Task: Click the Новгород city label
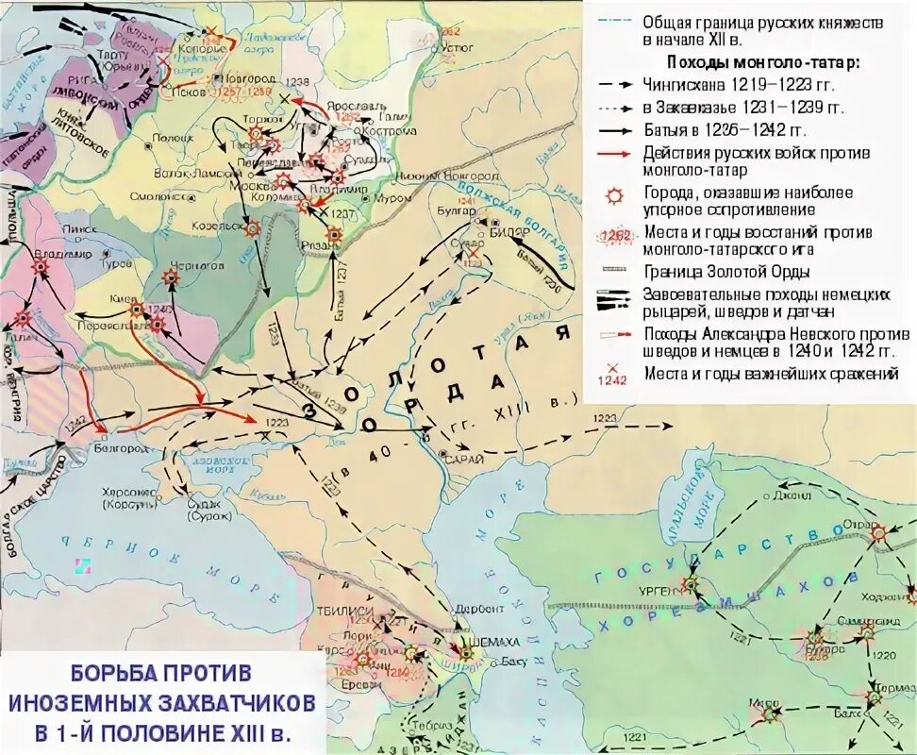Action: point(248,79)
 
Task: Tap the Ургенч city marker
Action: point(691,584)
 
